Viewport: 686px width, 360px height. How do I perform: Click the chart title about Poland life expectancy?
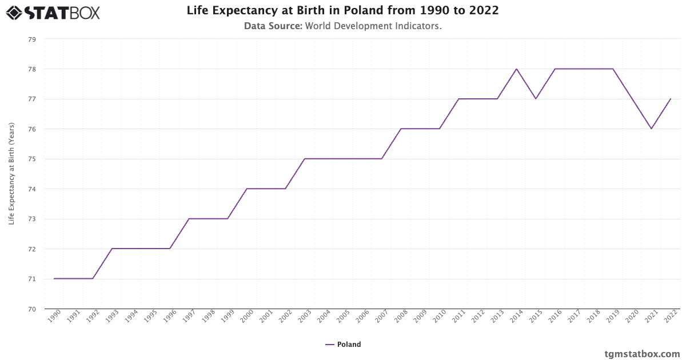point(342,11)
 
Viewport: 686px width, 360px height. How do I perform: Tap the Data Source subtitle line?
point(342,26)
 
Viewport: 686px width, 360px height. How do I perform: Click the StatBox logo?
point(53,12)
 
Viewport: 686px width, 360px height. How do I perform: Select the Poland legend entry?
point(343,345)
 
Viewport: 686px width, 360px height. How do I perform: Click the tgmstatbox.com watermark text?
point(642,354)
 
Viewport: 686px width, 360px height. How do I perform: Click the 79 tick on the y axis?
point(31,39)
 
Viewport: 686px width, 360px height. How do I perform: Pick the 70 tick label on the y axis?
point(31,309)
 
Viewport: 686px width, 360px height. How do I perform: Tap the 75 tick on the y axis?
point(31,159)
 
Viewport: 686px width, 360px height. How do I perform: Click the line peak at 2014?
point(516,69)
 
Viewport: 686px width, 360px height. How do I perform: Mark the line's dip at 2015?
point(536,99)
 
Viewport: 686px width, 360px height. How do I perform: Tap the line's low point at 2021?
point(651,129)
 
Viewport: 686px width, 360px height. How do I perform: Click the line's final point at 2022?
point(671,99)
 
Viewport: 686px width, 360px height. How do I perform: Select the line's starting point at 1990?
point(54,278)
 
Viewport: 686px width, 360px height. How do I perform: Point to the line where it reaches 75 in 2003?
point(305,159)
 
